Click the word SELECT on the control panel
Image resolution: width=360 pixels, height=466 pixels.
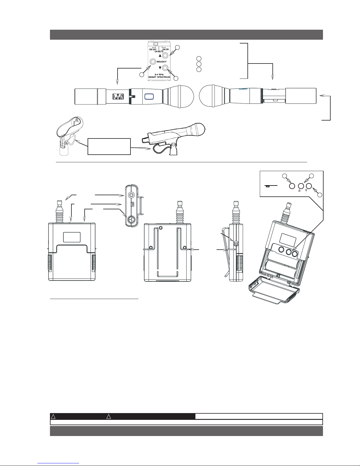pyautogui.click(x=161, y=61)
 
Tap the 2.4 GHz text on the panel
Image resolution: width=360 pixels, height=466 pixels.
pyautogui.click(x=159, y=74)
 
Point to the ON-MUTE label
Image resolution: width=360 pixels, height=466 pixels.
pyautogui.click(x=159, y=51)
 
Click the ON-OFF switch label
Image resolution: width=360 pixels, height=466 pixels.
pyautogui.click(x=153, y=49)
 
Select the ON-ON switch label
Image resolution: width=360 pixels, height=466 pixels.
pyautogui.click(x=165, y=49)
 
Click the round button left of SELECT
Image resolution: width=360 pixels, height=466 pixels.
pyautogui.click(x=153, y=62)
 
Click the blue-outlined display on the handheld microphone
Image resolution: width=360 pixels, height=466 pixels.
pyautogui.click(x=150, y=96)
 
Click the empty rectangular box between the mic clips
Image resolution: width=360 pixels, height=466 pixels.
pyautogui.click(x=109, y=146)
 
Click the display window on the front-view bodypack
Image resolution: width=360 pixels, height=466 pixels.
pyautogui.click(x=72, y=237)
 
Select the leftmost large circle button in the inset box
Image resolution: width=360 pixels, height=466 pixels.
pyautogui.click(x=292, y=186)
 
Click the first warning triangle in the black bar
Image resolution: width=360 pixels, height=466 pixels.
pyautogui.click(x=53, y=417)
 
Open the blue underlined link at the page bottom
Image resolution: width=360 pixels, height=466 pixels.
pyautogui.click(x=58, y=463)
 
